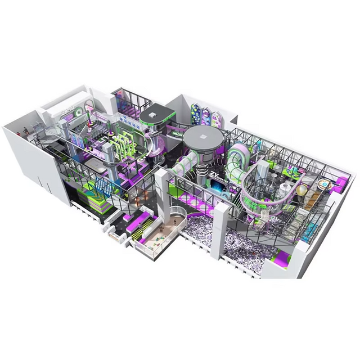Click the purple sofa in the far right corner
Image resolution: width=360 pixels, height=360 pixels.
(x=341, y=183)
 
